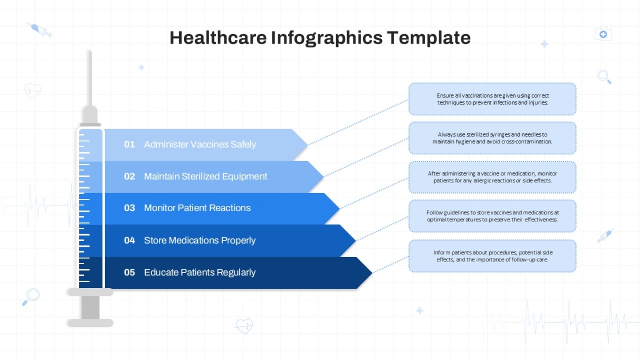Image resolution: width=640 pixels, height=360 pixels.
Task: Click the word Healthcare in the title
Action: point(218,38)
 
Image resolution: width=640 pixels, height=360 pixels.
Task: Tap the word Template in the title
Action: point(429,38)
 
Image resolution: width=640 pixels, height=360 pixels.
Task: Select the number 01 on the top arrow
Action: point(130,145)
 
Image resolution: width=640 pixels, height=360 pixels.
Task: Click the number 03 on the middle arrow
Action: point(130,207)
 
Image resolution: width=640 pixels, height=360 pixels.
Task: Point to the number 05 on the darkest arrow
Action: point(130,273)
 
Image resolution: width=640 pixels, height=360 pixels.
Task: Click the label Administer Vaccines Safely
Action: point(200,145)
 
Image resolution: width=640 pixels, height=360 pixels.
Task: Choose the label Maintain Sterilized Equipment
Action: point(205,177)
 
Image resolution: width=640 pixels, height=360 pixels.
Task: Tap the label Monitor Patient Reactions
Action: point(197,207)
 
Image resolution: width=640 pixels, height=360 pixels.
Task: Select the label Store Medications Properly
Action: point(199,241)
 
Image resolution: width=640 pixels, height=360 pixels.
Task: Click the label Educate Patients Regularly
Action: point(199,273)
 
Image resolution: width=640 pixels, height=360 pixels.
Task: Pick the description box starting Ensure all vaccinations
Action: point(492,99)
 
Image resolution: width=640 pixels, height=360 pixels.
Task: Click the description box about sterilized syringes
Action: point(492,138)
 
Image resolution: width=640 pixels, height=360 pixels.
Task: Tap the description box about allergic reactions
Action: point(492,177)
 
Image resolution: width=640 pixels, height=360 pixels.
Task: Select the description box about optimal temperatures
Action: point(492,216)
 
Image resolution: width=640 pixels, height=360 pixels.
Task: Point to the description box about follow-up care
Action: point(492,256)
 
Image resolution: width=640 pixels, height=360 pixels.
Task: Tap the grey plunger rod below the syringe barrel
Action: point(90,307)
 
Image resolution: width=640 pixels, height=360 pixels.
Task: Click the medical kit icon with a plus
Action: point(603,34)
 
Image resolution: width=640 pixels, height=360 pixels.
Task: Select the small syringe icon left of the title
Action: point(39,30)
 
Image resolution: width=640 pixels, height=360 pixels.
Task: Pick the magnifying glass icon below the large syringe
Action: point(31,297)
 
